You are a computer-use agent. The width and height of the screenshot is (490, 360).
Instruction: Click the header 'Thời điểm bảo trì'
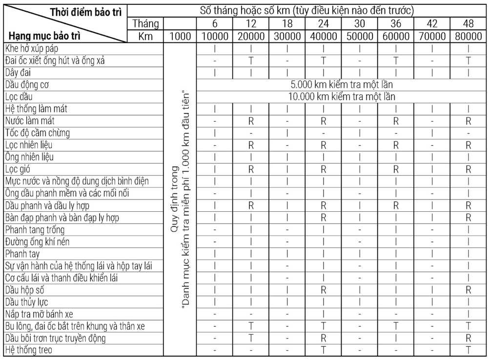86,11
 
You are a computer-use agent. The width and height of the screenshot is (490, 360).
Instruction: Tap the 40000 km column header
323,36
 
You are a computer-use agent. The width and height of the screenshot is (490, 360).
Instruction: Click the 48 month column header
468,23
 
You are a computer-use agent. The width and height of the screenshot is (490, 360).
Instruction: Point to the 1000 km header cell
180,36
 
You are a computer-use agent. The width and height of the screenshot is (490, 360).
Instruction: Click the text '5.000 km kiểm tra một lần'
342,84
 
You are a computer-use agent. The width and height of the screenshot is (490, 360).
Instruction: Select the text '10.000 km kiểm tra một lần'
342,97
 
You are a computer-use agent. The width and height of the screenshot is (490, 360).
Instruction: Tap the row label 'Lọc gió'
19,169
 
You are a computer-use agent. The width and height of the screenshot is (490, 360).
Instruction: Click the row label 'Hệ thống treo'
29,350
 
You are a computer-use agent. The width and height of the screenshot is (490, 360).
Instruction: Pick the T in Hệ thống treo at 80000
468,350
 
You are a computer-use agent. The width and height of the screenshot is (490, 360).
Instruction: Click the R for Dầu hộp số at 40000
323,290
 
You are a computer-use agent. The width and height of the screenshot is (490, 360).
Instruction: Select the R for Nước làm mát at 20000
251,120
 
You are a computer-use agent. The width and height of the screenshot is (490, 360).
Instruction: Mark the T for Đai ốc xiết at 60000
396,60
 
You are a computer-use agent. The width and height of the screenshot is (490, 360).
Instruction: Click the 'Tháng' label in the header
146,23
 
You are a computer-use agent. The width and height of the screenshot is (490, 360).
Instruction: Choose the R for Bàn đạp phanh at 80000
468,218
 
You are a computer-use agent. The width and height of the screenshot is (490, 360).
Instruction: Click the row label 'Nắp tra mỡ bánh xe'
39,314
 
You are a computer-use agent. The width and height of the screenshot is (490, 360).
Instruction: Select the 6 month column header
215,23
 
